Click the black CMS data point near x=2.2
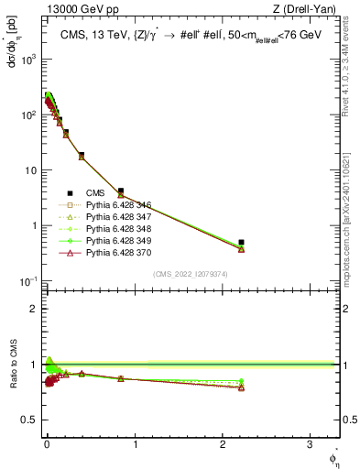click(241, 242)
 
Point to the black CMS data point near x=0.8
click(121, 191)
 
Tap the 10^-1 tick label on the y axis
click(25, 280)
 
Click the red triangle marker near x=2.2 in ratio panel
click(241, 387)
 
